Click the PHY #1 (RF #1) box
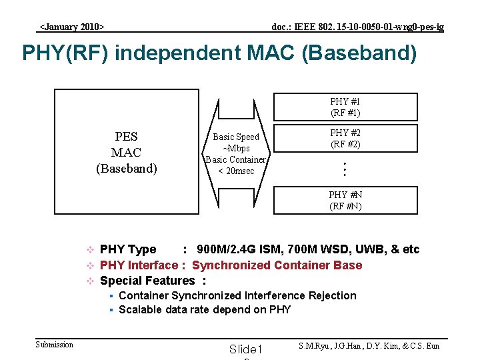345,107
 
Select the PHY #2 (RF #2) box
345,139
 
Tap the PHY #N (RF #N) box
345,200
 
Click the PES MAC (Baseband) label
126,153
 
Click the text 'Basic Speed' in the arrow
236,137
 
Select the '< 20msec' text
236,171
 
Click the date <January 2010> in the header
72,27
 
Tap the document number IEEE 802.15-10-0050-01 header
357,27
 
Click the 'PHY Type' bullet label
127,249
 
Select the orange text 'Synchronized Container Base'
277,265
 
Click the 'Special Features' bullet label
147,281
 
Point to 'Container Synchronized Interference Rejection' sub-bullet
237,295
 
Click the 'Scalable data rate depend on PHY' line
205,309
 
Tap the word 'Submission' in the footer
54,344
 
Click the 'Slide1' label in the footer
246,349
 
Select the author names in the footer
368,345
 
